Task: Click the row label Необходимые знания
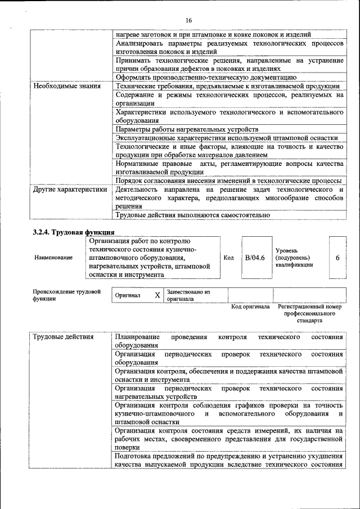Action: (67, 86)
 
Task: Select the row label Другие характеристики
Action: (70, 190)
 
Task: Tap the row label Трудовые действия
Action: (64, 337)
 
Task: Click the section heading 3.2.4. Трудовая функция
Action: (74, 232)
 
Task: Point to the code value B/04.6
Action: (255, 257)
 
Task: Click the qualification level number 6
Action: (337, 257)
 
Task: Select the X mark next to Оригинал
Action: (157, 295)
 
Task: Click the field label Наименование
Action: (53, 257)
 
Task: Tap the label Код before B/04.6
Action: (228, 257)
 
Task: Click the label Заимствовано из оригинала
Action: (188, 296)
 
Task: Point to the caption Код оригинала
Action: (250, 307)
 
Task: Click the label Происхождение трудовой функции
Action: (66, 295)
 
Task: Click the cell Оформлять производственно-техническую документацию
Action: (205, 77)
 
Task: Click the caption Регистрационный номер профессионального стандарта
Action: (310, 314)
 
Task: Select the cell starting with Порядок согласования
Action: (228, 181)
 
